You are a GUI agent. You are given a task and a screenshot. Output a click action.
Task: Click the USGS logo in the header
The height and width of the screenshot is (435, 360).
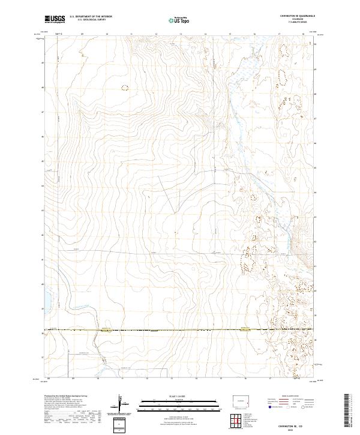pos(55,19)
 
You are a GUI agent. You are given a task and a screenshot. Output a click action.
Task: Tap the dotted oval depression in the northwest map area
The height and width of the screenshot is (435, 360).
pos(125,88)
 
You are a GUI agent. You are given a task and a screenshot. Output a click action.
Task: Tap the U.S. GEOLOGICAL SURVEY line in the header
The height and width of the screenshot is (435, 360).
pos(90,20)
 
